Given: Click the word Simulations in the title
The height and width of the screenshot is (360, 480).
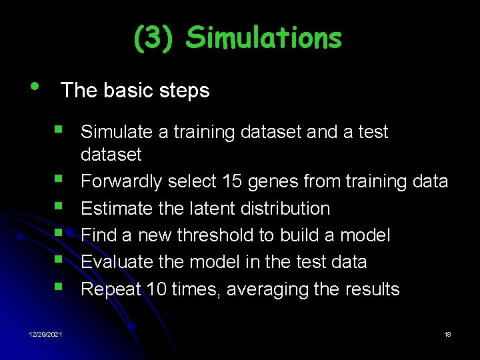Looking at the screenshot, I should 263,38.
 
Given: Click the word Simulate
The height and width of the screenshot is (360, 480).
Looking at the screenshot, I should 117,132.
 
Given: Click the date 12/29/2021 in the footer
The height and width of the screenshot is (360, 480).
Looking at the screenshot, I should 45,334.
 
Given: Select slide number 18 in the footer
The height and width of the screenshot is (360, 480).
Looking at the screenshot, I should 447,334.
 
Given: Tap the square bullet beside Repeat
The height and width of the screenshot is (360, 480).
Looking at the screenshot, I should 61,287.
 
